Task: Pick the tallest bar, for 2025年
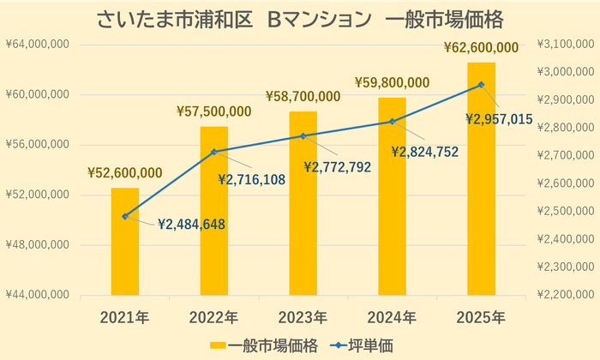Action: point(481,179)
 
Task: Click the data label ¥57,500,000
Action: point(213,111)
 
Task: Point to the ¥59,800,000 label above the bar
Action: point(392,82)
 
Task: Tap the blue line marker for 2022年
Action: point(214,152)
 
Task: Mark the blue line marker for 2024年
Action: point(392,122)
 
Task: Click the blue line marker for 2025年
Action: point(481,84)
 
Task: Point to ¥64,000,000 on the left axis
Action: point(39,45)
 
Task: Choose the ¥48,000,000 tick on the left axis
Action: point(39,245)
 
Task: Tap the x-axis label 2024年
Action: point(392,317)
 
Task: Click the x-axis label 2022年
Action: point(214,317)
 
